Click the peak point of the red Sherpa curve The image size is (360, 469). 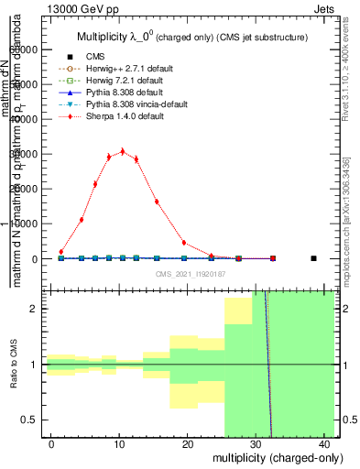123,151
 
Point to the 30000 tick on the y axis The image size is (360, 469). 48,154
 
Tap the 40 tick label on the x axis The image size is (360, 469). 324,445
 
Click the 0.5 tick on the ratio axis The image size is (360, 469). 48,420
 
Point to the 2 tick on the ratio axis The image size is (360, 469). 48,309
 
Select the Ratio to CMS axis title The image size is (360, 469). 15,365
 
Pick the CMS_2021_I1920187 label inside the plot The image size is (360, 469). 191,273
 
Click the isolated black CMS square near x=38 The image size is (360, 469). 313,258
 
